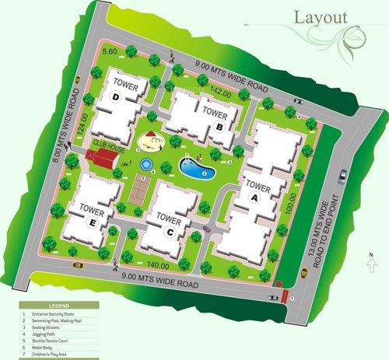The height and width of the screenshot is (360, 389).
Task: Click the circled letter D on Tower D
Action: [x=115, y=97]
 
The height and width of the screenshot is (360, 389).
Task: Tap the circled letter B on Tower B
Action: [x=220, y=127]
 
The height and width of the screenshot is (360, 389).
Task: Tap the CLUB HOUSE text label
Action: [x=108, y=144]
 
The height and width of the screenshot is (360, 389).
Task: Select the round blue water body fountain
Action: [x=146, y=164]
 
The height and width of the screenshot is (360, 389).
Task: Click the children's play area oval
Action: [x=150, y=142]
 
